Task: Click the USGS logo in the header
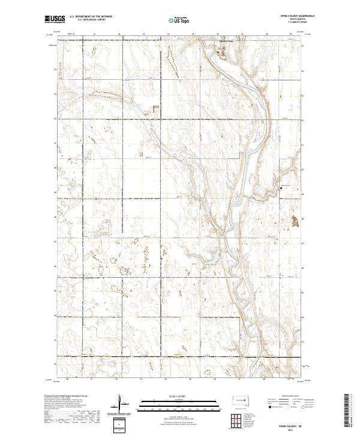55,19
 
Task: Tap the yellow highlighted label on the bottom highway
176,356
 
